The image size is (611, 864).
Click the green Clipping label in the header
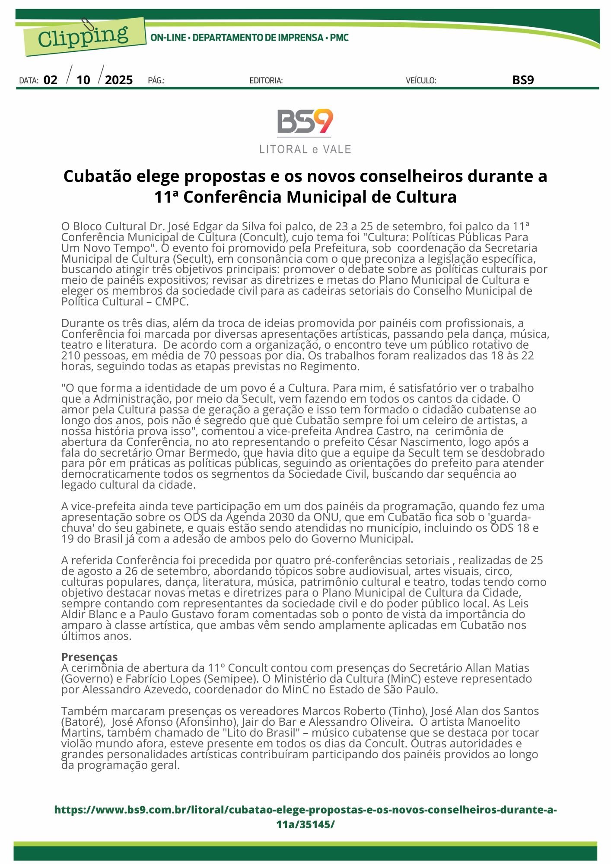coord(84,37)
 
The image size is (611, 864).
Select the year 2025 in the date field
coord(119,80)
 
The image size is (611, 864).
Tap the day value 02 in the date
coord(51,80)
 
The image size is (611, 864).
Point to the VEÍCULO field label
coord(421,81)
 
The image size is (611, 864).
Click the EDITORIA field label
coord(266,81)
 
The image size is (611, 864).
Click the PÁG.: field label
coord(156,81)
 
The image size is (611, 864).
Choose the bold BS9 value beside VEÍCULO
coord(523,80)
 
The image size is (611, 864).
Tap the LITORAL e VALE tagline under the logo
coord(305,149)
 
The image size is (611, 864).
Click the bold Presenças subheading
coord(89,657)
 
